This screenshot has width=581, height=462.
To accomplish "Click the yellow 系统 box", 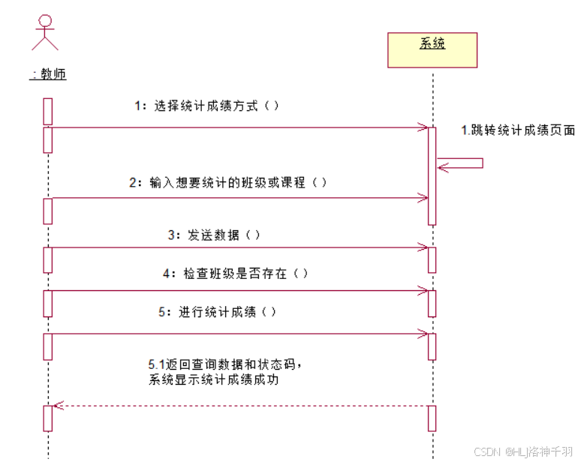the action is [432, 49].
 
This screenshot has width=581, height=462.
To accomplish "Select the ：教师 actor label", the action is [48, 74].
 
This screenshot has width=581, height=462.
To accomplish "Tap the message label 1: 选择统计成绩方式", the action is [206, 106].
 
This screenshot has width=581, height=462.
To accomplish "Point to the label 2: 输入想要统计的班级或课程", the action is [227, 182].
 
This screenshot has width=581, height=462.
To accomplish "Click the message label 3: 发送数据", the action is [214, 235].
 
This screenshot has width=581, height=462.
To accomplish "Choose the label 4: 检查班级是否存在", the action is [236, 274].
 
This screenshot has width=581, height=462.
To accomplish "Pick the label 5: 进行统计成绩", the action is [217, 312].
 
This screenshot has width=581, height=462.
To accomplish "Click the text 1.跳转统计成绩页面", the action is [517, 130].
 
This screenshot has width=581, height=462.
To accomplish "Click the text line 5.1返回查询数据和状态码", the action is [225, 364].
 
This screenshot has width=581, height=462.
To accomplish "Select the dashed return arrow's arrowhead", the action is [57, 406].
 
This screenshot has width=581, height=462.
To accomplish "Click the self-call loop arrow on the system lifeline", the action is [462, 163].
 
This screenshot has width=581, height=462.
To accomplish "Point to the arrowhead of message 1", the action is [423, 127].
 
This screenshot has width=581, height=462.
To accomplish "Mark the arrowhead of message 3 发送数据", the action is [423, 247].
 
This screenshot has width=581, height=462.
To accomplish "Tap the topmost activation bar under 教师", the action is [47, 111].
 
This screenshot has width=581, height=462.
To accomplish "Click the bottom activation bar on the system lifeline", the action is [432, 418].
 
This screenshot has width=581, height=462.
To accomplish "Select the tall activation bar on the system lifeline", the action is [432, 175].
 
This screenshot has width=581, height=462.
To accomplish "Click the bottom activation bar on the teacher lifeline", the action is [47, 418].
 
